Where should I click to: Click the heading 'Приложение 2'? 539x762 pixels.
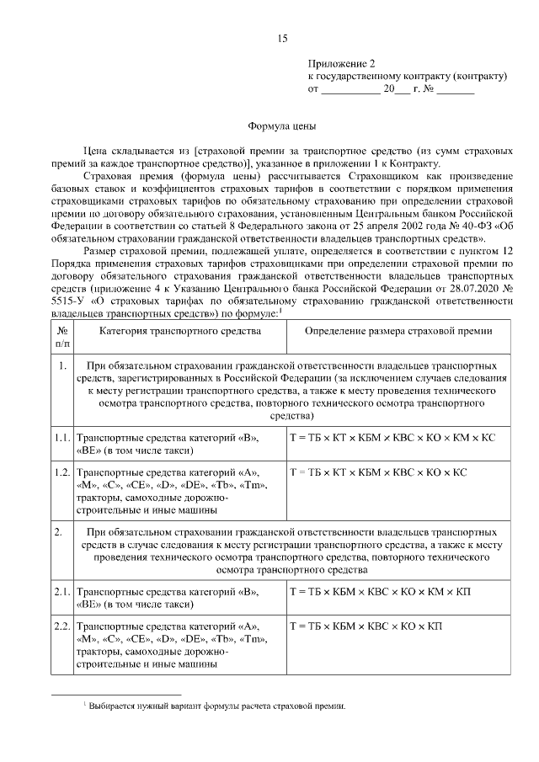341,63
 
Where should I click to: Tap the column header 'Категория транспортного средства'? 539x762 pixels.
179,331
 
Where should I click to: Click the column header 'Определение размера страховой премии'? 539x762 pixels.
398,331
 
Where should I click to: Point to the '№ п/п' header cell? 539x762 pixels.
62,338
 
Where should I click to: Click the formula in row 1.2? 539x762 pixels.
377,472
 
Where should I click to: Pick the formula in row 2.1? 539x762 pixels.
380,592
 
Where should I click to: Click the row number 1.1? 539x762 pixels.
61,439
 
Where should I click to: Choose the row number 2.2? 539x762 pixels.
61,626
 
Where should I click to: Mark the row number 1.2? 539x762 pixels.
61,472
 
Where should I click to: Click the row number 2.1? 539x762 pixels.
61,592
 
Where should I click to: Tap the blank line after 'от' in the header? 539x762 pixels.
350,88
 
